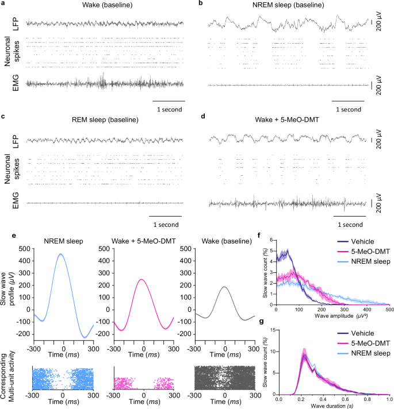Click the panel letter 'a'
coord(3,4)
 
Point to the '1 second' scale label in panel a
coord(168,108)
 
